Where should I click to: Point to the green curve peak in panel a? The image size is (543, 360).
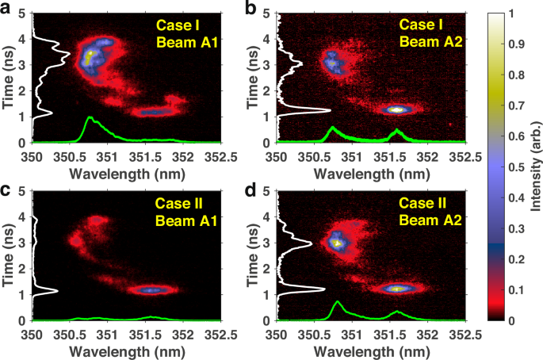point(90,118)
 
